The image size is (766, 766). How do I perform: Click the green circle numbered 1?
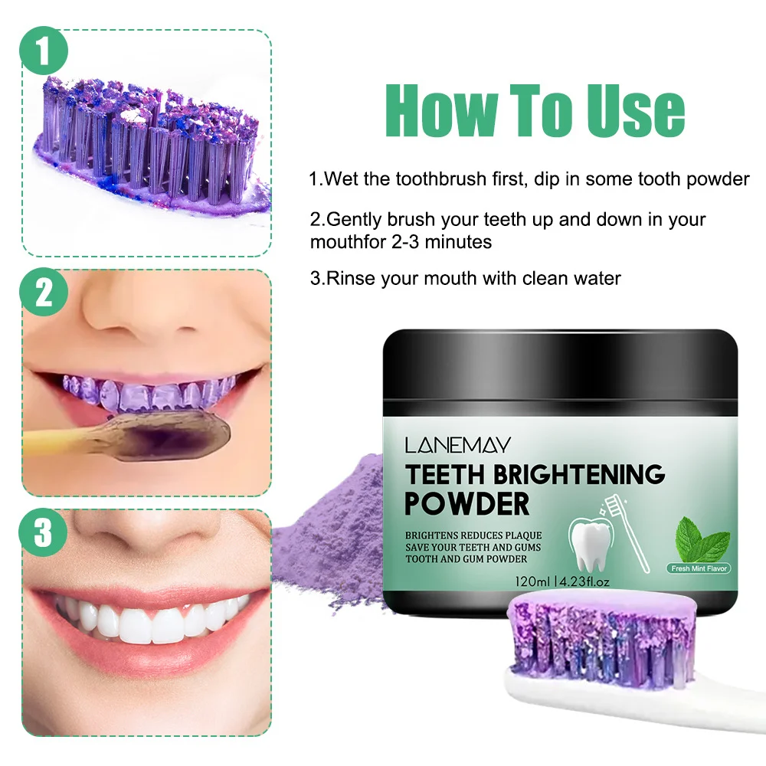pos(44,51)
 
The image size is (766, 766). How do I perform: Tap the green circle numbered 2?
pos(44,292)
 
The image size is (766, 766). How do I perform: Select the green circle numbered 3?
pos(43,532)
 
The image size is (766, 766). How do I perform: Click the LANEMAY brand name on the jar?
pos(458,445)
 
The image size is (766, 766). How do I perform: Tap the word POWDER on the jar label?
pos(467,504)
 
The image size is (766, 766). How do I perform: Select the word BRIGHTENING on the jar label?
pos(579,474)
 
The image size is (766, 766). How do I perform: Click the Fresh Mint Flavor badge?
pos(699,568)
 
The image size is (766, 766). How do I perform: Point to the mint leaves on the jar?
pos(702,540)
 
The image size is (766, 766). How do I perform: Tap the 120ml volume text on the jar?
pos(532,582)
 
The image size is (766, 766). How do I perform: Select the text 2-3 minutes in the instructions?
pos(442,242)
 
